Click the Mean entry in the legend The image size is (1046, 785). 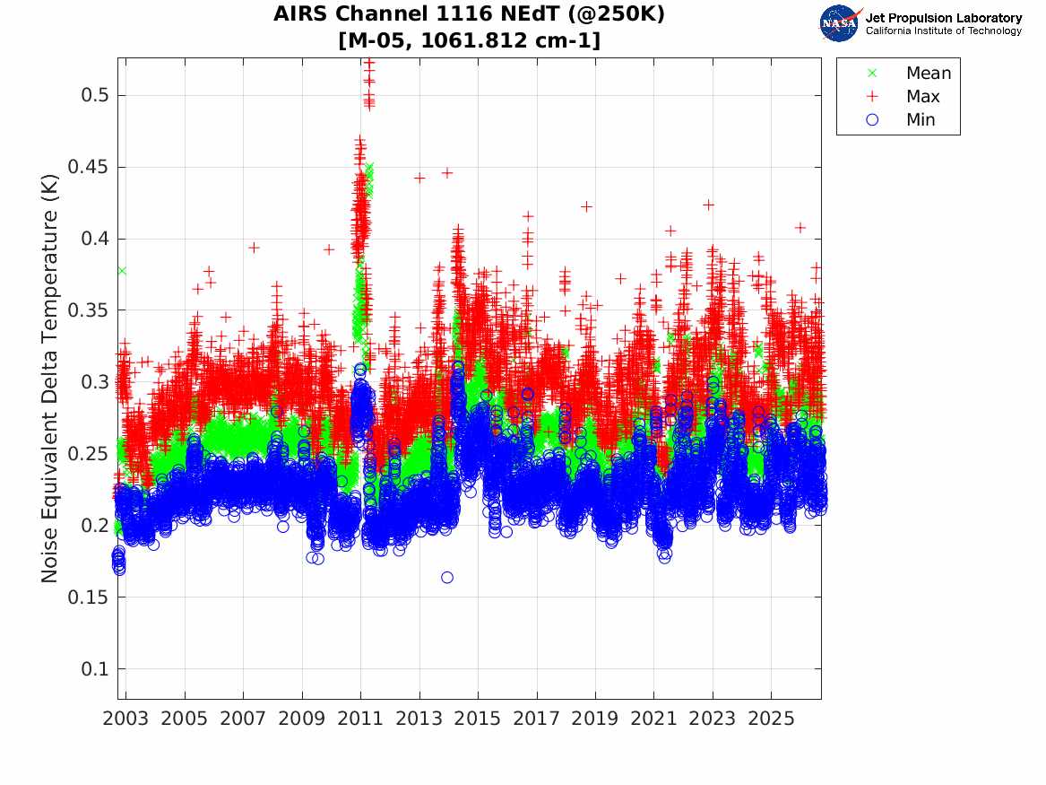[928, 73]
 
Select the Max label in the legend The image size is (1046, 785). [922, 96]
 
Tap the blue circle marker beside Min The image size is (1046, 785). [872, 119]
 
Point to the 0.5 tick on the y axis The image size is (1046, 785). [94, 95]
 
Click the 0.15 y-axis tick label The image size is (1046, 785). [87, 597]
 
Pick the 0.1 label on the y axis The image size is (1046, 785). [94, 669]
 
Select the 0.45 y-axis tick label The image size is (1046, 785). [87, 167]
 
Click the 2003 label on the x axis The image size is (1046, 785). [125, 719]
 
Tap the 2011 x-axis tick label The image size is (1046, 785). [360, 719]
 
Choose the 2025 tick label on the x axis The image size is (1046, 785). [771, 719]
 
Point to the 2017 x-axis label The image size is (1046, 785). [536, 719]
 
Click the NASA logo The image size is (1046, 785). [840, 23]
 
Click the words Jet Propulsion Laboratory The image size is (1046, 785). [943, 18]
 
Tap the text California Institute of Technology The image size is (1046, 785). [943, 31]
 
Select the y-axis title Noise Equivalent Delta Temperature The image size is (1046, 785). [49, 379]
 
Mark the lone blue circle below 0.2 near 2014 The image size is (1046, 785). [447, 578]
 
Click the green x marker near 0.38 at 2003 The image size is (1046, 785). [121, 270]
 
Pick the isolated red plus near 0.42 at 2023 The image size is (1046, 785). [708, 205]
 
